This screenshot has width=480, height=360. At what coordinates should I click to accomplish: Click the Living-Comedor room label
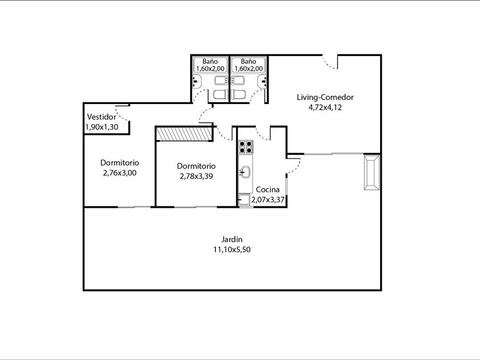coord(325,97)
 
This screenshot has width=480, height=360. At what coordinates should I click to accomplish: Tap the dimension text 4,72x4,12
coord(325,107)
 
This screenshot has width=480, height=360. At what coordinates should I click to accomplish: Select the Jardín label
coord(232,239)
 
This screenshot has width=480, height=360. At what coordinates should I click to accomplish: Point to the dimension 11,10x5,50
coord(232,250)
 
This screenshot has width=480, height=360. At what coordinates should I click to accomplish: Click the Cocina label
coord(267,190)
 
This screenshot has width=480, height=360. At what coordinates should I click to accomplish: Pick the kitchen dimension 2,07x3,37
coord(268,200)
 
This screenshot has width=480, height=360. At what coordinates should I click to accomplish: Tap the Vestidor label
coord(102,117)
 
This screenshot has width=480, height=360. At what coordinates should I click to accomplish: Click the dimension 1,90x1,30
coord(102,127)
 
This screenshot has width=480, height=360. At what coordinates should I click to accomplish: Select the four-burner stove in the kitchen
coord(246,147)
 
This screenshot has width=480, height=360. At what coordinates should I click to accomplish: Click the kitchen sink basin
coord(246,172)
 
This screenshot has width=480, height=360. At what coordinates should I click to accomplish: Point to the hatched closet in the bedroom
coord(184,134)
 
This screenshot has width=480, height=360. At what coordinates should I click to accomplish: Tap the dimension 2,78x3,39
coord(196,177)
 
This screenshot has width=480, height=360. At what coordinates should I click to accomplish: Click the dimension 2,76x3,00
coord(119,173)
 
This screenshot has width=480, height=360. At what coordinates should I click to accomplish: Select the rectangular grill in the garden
coord(372,173)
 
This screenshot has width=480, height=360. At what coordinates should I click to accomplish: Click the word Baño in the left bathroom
coord(210,62)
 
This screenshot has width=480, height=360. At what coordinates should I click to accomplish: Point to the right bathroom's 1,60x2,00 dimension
coord(248,69)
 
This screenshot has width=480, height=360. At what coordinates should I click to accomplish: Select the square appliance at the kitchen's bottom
coord(245,199)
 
